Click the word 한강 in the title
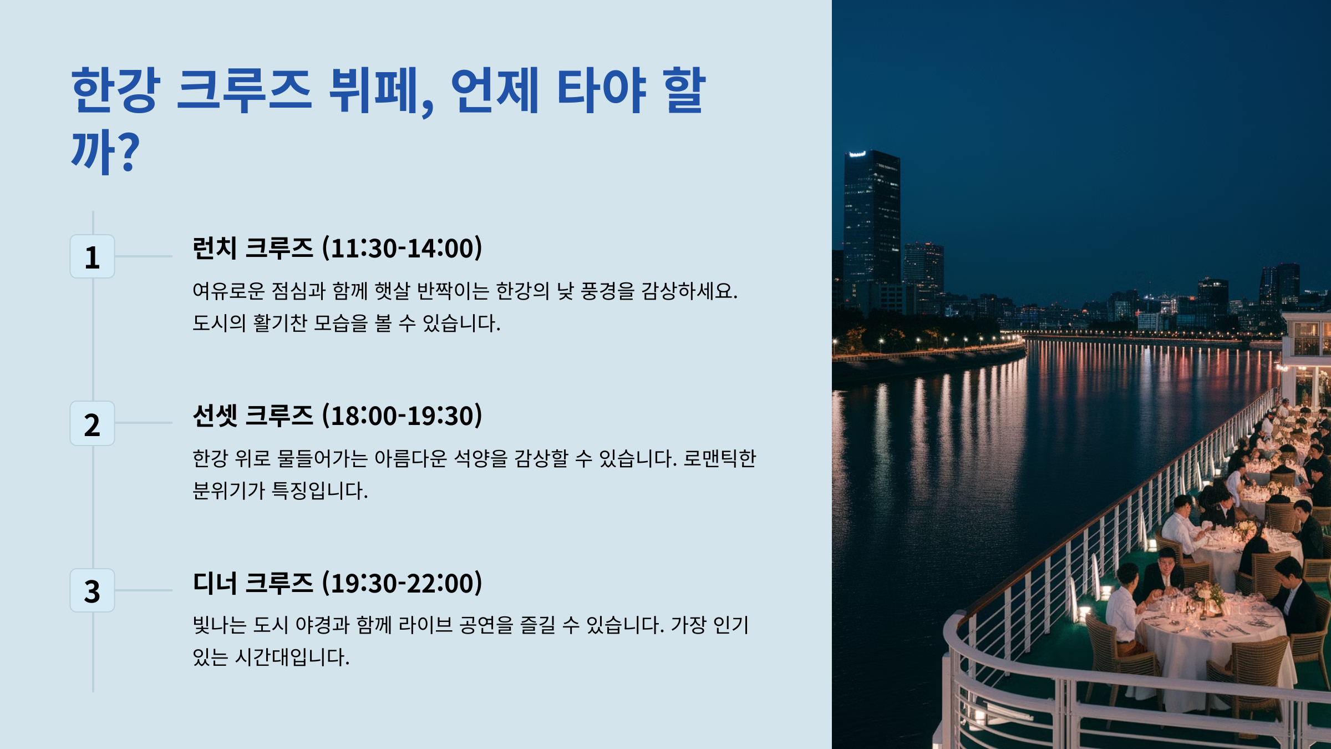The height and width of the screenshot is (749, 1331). pyautogui.click(x=116, y=90)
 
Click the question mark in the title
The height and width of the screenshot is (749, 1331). pyautogui.click(x=129, y=153)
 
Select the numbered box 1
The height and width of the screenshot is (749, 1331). pyautogui.click(x=92, y=257)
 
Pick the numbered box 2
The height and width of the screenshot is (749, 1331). pyautogui.click(x=92, y=424)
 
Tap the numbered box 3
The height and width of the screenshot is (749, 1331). pyautogui.click(x=92, y=591)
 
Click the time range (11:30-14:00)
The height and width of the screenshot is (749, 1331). pyautogui.click(x=403, y=248)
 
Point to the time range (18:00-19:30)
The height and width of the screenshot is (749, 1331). pyautogui.click(x=403, y=416)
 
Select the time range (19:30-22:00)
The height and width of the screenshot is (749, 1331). pyautogui.click(x=403, y=583)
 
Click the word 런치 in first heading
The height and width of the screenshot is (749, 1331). pyautogui.click(x=214, y=248)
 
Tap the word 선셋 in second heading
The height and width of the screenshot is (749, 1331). pyautogui.click(x=214, y=416)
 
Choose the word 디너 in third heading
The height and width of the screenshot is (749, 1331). pyautogui.click(x=214, y=583)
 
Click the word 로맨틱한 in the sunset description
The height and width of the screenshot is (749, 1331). pyautogui.click(x=719, y=458)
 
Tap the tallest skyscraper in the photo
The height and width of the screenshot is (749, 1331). pyautogui.click(x=871, y=222)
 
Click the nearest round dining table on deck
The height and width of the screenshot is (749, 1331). pyautogui.click(x=1209, y=638)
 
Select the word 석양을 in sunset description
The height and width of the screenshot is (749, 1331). pyautogui.click(x=480, y=458)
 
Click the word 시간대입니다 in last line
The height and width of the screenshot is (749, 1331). pyautogui.click(x=292, y=657)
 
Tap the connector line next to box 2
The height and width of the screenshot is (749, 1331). pyautogui.click(x=144, y=423)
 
